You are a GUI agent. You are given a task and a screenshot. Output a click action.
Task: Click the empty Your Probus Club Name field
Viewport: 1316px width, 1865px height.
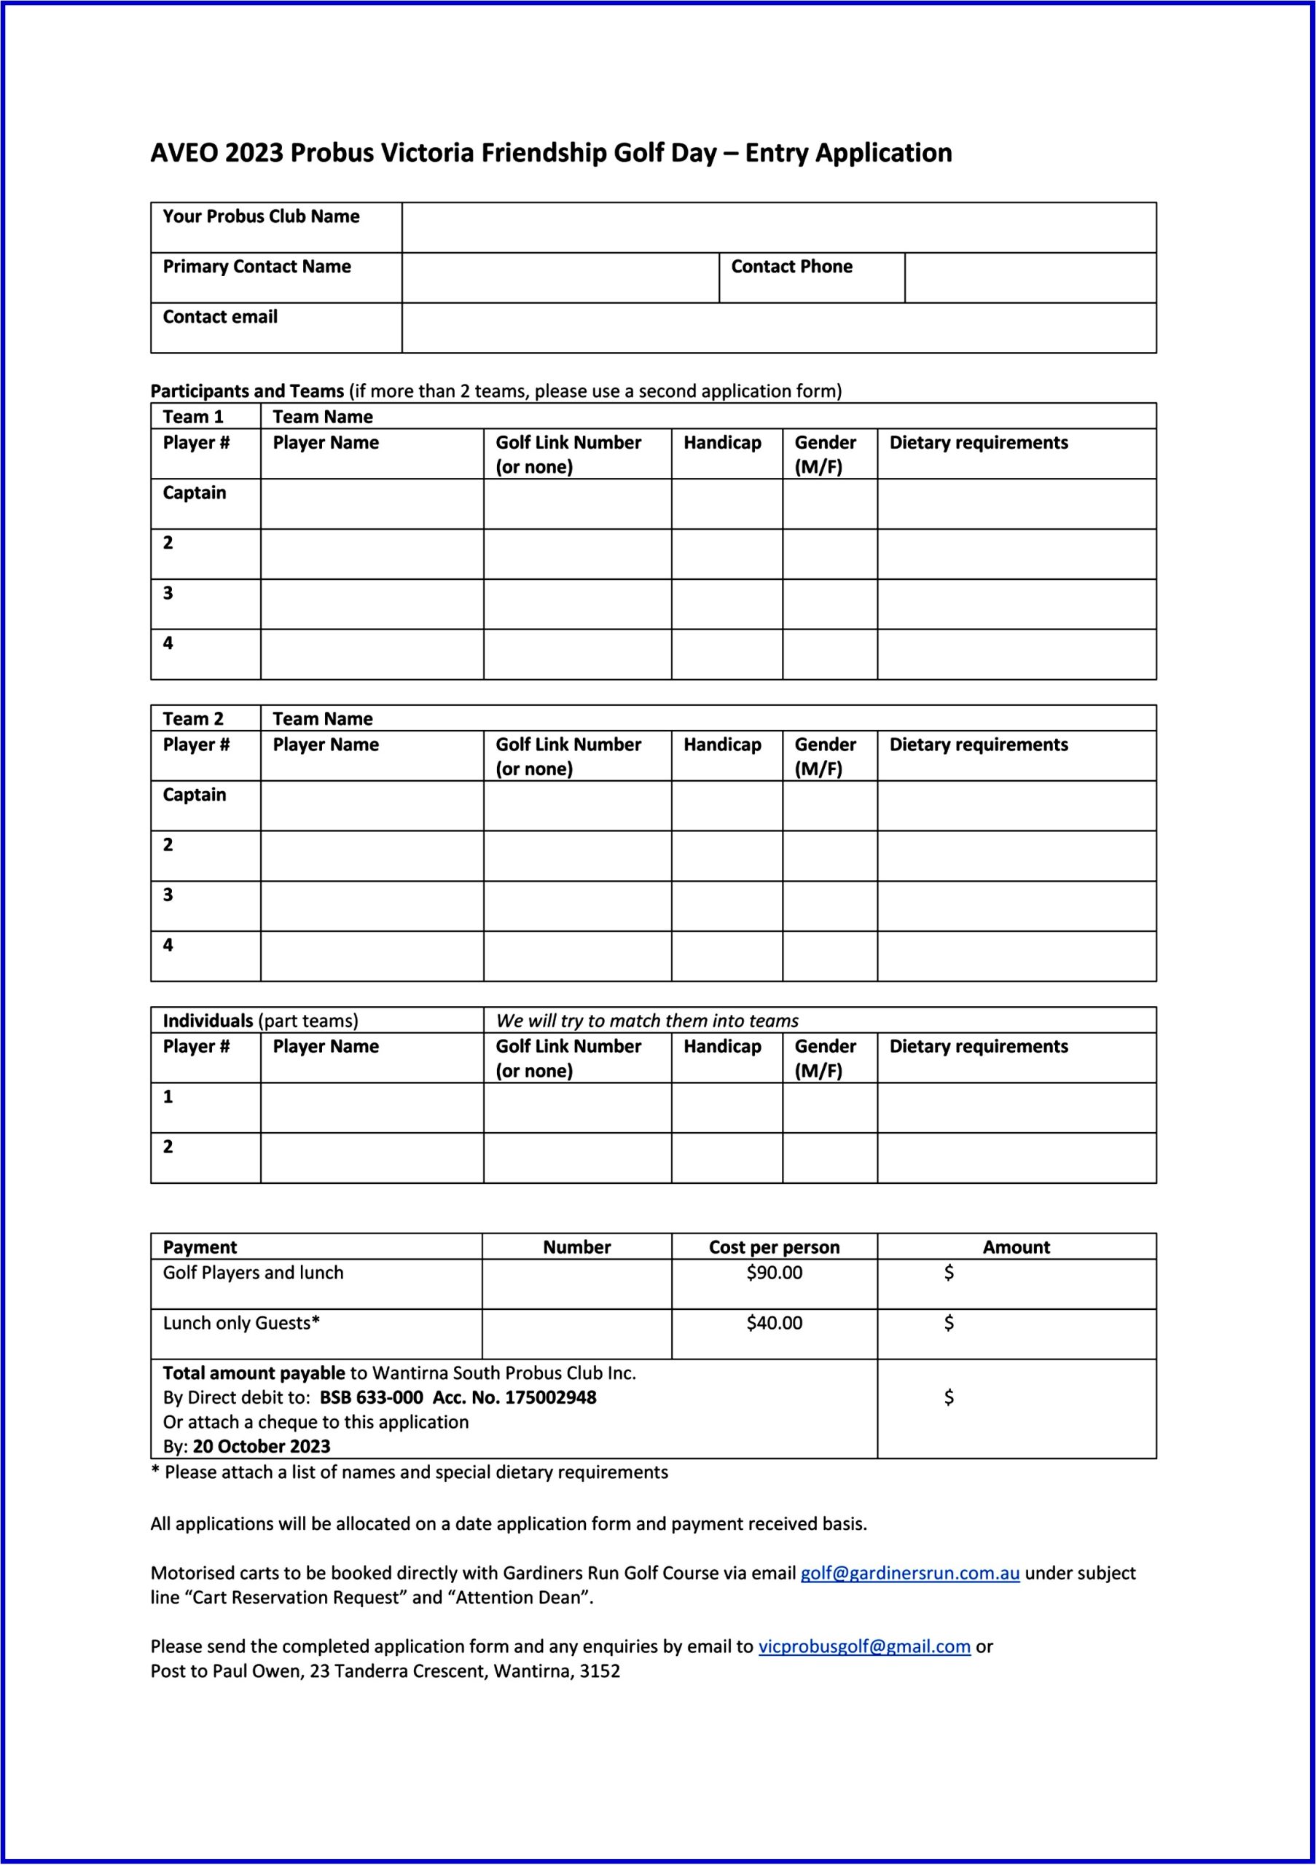pyautogui.click(x=778, y=227)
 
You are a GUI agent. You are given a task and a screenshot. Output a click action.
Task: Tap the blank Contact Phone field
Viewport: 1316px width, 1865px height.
pyautogui.click(x=1030, y=278)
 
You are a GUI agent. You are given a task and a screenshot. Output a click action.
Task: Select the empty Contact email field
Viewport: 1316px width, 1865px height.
pyautogui.click(x=778, y=328)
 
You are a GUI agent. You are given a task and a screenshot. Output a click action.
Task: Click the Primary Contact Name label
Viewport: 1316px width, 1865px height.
pyautogui.click(x=256, y=267)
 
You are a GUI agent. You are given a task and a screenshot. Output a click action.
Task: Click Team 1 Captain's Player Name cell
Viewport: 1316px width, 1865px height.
pyautogui.click(x=372, y=503)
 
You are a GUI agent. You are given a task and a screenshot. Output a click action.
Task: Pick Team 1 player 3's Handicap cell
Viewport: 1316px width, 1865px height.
pyautogui.click(x=726, y=605)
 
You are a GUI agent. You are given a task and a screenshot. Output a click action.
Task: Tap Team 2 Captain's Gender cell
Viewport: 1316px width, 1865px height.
pyautogui.click(x=829, y=806)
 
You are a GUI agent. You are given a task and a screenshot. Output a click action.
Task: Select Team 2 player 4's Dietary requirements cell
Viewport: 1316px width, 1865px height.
pyautogui.click(x=1017, y=956)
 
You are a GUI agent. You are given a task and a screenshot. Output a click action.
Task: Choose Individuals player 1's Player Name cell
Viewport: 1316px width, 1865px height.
pyautogui.click(x=372, y=1108)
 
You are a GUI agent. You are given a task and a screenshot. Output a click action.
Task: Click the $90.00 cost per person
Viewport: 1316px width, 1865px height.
pyautogui.click(x=774, y=1273)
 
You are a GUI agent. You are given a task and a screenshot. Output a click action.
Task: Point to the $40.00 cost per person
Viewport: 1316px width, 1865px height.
pyautogui.click(x=774, y=1323)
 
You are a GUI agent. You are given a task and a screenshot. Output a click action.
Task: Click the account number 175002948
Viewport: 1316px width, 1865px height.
pyautogui.click(x=550, y=1397)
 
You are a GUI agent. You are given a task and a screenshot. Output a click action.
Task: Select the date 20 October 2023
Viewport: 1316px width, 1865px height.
pyautogui.click(x=262, y=1446)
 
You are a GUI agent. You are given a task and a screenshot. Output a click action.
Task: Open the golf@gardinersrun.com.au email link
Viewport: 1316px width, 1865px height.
pyautogui.click(x=910, y=1573)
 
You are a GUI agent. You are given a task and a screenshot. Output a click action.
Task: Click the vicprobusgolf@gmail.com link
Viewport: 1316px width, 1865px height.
pyautogui.click(x=864, y=1646)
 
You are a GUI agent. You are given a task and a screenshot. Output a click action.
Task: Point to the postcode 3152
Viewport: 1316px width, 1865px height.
pyautogui.click(x=600, y=1671)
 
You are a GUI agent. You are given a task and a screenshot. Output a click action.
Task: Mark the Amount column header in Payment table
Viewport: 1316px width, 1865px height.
pyautogui.click(x=1017, y=1246)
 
